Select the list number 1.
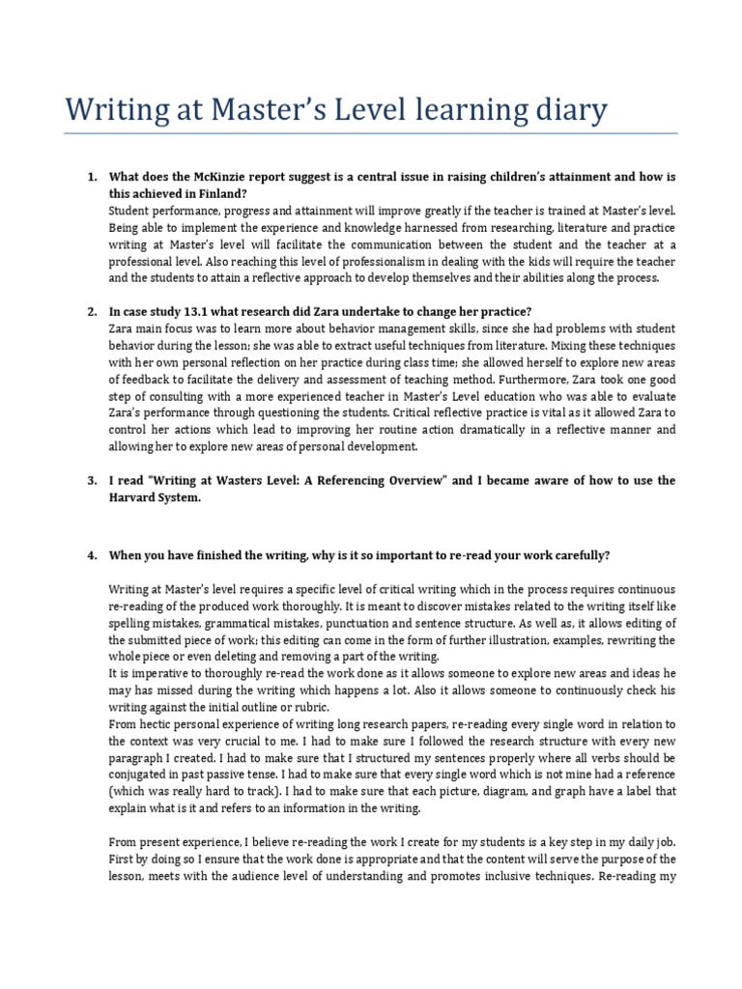pos(92,178)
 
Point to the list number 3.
pos(92,480)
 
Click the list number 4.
pos(92,555)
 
